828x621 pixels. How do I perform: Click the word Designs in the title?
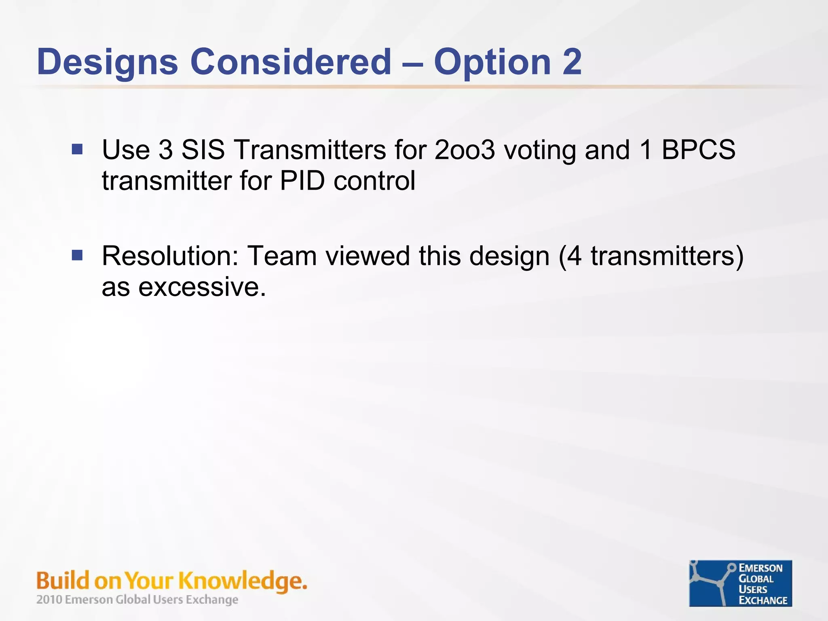click(x=108, y=62)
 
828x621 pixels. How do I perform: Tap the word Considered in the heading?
click(x=291, y=61)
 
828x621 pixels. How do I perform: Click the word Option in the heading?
click(x=492, y=62)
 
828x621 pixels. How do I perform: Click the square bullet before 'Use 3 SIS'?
click(x=77, y=150)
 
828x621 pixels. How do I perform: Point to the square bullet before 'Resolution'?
click(x=77, y=255)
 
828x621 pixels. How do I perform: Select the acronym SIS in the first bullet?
click(x=203, y=150)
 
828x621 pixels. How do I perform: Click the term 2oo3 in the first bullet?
click(x=465, y=150)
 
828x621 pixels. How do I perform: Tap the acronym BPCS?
click(x=698, y=150)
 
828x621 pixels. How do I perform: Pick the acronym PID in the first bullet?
click(x=302, y=181)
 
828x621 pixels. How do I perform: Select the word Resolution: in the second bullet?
click(x=170, y=256)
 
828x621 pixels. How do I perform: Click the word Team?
click(x=282, y=256)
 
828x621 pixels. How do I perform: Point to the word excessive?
click(x=202, y=287)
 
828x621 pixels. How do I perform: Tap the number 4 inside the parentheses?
click(x=575, y=256)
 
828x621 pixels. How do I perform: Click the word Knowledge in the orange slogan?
click(x=242, y=581)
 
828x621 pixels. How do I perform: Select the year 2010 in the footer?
click(x=49, y=600)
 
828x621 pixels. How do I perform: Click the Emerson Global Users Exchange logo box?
click(x=740, y=583)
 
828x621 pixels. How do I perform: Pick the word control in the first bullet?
click(x=374, y=181)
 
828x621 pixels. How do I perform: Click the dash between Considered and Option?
click(x=413, y=63)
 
